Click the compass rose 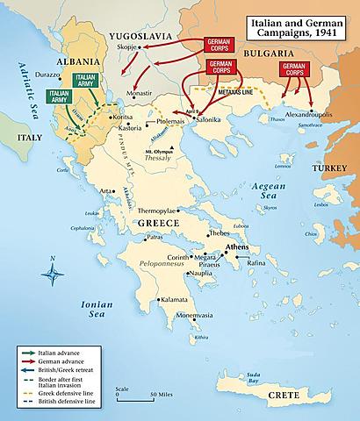click(54, 274)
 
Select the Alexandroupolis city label click(302, 114)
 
